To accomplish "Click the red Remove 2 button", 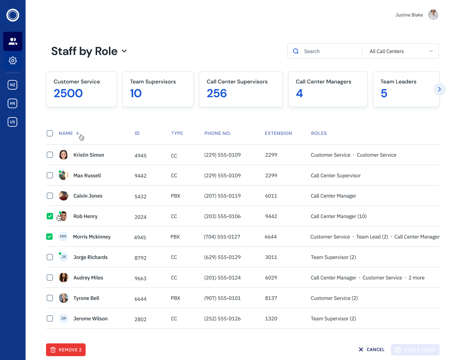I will click(66, 350).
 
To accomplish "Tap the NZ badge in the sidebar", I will click(12, 85).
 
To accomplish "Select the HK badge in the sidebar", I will click(12, 103).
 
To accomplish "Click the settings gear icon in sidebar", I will click(13, 60).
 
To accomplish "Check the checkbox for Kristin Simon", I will click(50, 155).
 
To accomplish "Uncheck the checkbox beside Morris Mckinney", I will click(50, 237).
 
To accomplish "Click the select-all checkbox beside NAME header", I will click(50, 133).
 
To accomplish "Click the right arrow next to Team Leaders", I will click(439, 89).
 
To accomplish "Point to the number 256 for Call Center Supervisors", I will click(217, 93).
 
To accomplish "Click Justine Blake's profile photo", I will click(433, 15).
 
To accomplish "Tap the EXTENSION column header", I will click(278, 133).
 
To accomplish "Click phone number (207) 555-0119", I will click(222, 196).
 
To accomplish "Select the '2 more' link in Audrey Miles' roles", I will click(416, 278).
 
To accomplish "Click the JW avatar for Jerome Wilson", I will click(64, 318).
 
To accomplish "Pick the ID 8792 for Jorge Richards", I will click(140, 258).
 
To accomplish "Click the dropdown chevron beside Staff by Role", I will click(124, 51).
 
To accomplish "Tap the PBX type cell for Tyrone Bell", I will click(175, 298).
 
